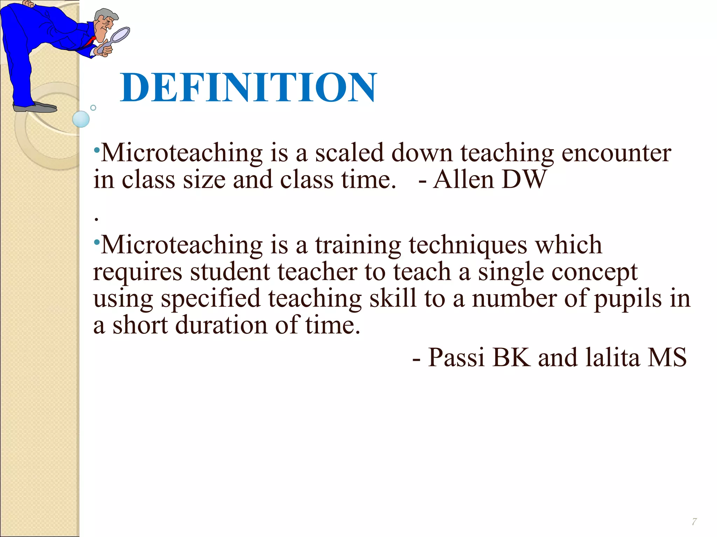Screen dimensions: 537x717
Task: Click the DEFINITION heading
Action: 249,87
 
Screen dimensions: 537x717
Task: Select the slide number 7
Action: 694,522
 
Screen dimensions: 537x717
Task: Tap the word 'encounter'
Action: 616,153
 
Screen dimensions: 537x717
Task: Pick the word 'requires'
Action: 138,272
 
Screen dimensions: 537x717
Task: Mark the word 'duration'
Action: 221,325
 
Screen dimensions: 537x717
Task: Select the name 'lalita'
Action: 613,358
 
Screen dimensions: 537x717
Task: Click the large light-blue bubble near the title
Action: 81,119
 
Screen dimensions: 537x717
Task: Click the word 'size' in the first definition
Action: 204,180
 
